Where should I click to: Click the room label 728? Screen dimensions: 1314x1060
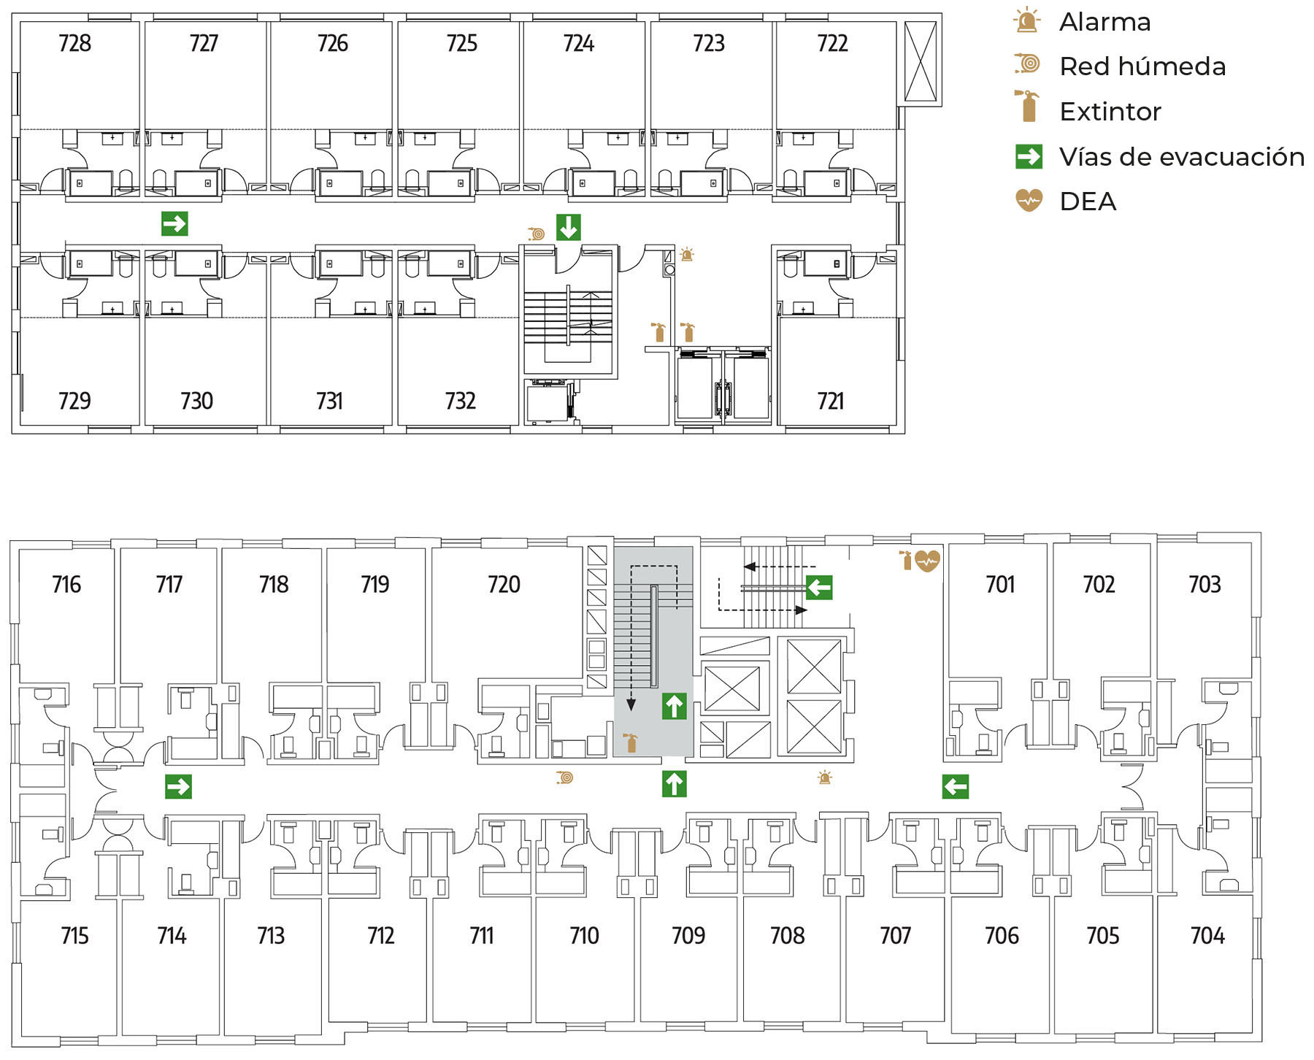[x=74, y=44]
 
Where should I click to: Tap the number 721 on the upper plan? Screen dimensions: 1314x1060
[x=831, y=401]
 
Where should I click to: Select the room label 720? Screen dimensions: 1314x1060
[x=504, y=585]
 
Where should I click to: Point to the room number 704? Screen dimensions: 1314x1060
[x=1207, y=936]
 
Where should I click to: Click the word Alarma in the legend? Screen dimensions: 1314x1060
[x=1104, y=23]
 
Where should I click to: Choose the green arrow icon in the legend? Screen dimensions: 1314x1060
[x=1029, y=156]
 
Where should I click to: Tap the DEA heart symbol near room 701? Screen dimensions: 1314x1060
[x=927, y=561]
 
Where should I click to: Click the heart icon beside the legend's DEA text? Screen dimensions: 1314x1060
[x=1029, y=200]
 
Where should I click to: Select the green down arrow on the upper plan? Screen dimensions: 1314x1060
[x=569, y=227]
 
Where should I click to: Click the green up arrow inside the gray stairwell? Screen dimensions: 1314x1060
[x=674, y=706]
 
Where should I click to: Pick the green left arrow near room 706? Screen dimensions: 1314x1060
[x=955, y=786]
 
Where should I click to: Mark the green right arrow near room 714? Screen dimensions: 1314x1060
[x=178, y=786]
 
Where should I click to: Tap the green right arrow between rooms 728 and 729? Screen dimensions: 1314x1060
[x=174, y=223]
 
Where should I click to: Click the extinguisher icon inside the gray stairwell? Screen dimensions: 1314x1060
[x=630, y=742]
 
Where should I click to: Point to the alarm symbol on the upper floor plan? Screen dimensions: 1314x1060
[x=687, y=255]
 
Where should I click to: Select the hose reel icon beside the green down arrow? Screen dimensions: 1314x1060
[x=537, y=234]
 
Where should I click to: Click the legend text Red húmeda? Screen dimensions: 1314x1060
[x=1142, y=66]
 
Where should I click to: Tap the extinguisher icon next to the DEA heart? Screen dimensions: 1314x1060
[x=906, y=560]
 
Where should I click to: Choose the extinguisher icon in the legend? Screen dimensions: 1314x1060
[x=1028, y=106]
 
